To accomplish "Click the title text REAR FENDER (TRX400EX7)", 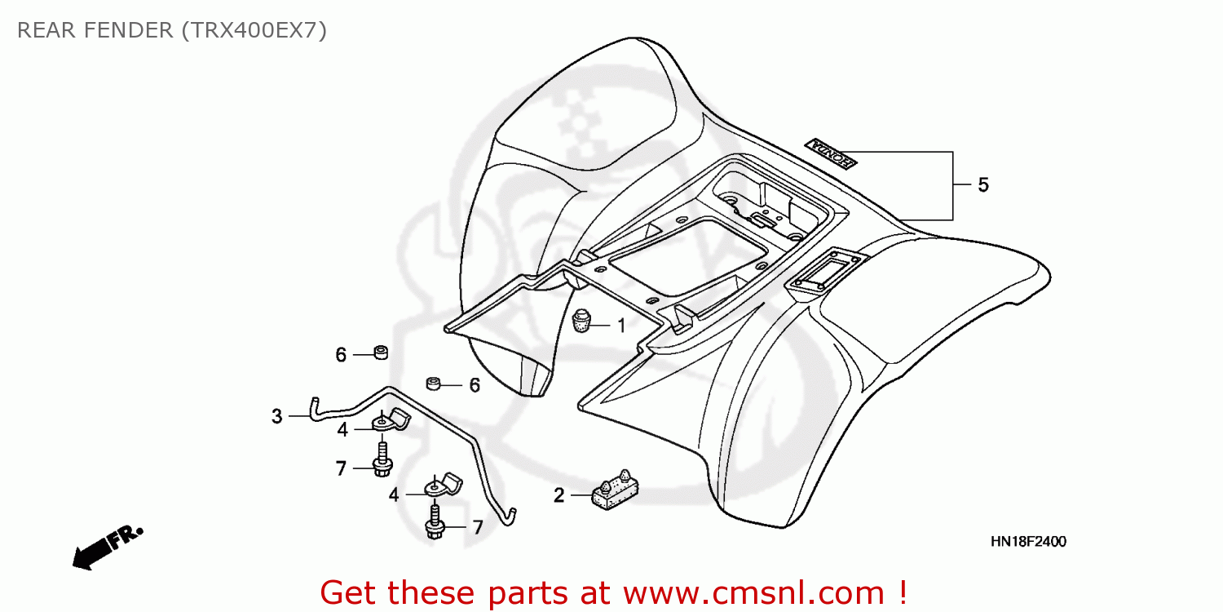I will (x=172, y=31).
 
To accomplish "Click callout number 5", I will (x=983, y=185).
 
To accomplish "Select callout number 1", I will (x=621, y=326).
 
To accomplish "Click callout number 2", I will (x=559, y=494).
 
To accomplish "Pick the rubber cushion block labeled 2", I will (x=616, y=489).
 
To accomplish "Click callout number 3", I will (x=277, y=416).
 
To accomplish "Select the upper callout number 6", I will (x=341, y=355).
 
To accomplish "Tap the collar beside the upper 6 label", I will (x=380, y=353).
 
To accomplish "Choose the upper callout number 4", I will (x=342, y=429).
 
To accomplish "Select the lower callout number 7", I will (x=478, y=527).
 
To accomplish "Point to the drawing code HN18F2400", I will (x=1028, y=542).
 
